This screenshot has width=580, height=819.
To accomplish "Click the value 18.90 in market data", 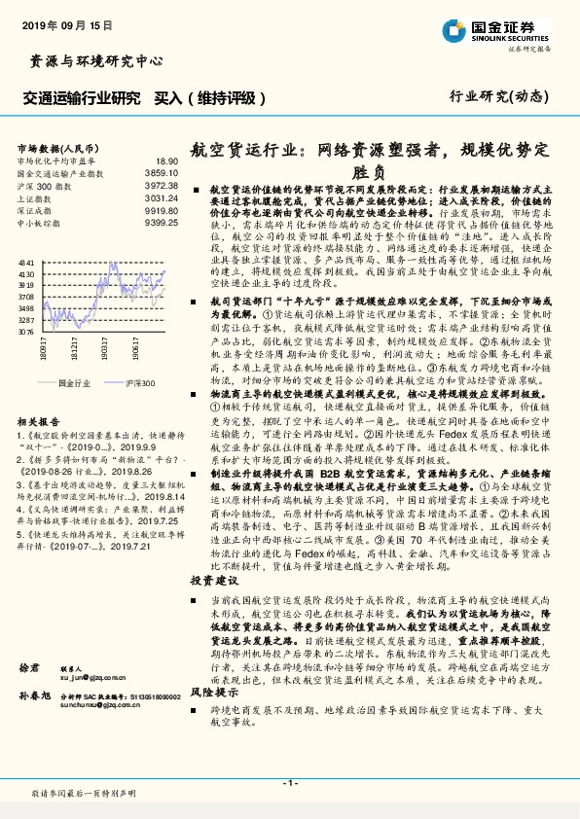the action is (165, 160).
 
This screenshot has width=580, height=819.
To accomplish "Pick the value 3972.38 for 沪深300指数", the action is (161, 184).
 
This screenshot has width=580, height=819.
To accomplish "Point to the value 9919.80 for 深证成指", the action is (161, 208).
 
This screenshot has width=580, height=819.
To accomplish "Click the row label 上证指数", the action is (34, 196).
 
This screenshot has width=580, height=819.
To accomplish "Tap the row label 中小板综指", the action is (39, 220).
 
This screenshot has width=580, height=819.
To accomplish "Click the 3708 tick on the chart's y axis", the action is (26, 296).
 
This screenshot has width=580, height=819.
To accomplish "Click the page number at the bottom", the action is (288, 781).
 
